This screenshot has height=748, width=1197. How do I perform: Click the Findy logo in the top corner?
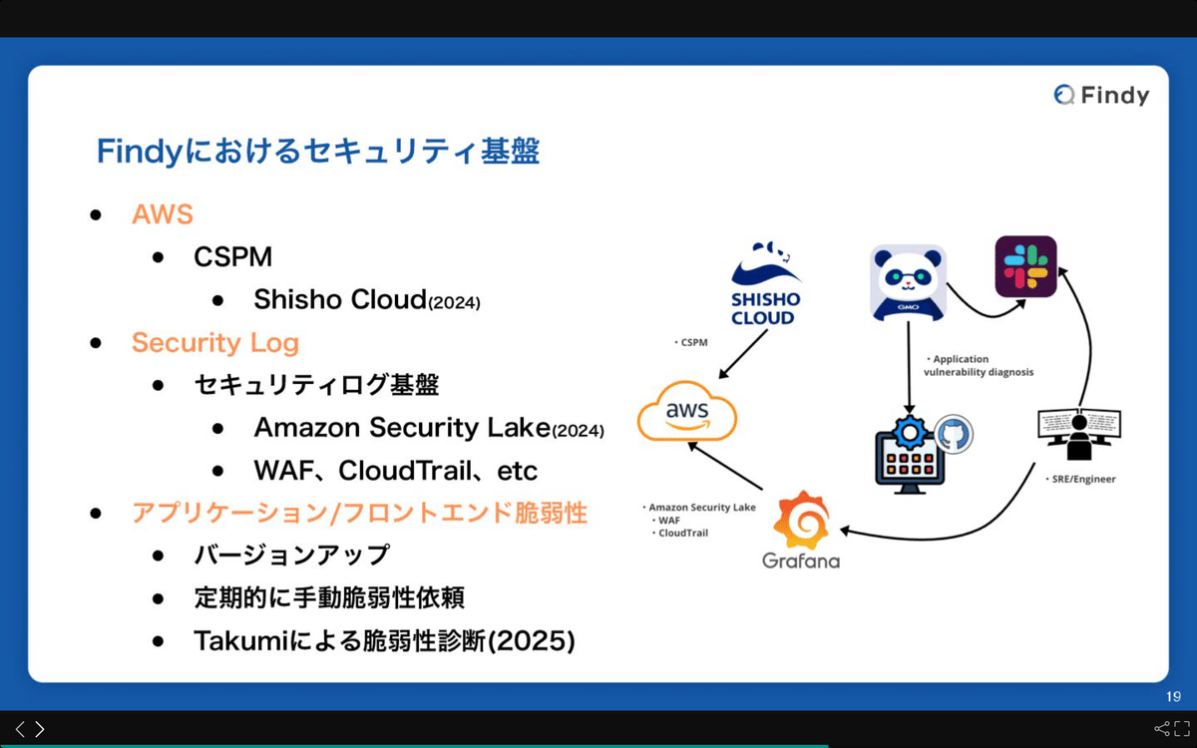pyautogui.click(x=1101, y=95)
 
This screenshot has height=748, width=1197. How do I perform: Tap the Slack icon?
pyautogui.click(x=1025, y=266)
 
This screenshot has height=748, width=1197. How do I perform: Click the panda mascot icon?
pyautogui.click(x=908, y=282)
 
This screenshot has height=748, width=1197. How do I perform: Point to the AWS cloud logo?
pyautogui.click(x=687, y=413)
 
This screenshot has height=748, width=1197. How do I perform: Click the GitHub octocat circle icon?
pyautogui.click(x=953, y=435)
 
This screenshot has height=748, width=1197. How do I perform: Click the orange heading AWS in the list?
pyautogui.click(x=162, y=214)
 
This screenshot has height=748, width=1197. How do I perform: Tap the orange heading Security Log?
pyautogui.click(x=214, y=343)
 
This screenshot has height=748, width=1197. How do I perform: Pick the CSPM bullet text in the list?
pyautogui.click(x=232, y=257)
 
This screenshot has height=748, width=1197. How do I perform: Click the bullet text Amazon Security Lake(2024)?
pyautogui.click(x=429, y=428)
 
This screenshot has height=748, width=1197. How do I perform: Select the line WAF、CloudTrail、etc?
pyautogui.click(x=395, y=471)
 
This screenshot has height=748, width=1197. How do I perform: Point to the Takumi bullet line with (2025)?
pyautogui.click(x=384, y=641)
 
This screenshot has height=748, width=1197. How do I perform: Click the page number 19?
pyautogui.click(x=1173, y=696)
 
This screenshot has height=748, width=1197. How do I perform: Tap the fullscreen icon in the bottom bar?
pyautogui.click(x=1182, y=729)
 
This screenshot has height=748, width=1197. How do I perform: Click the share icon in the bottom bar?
pyautogui.click(x=1162, y=729)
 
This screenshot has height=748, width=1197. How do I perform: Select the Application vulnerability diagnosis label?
pyautogui.click(x=978, y=365)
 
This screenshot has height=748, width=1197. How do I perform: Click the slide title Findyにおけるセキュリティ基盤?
pyautogui.click(x=317, y=152)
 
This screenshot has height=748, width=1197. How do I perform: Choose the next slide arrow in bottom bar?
pyautogui.click(x=40, y=729)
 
